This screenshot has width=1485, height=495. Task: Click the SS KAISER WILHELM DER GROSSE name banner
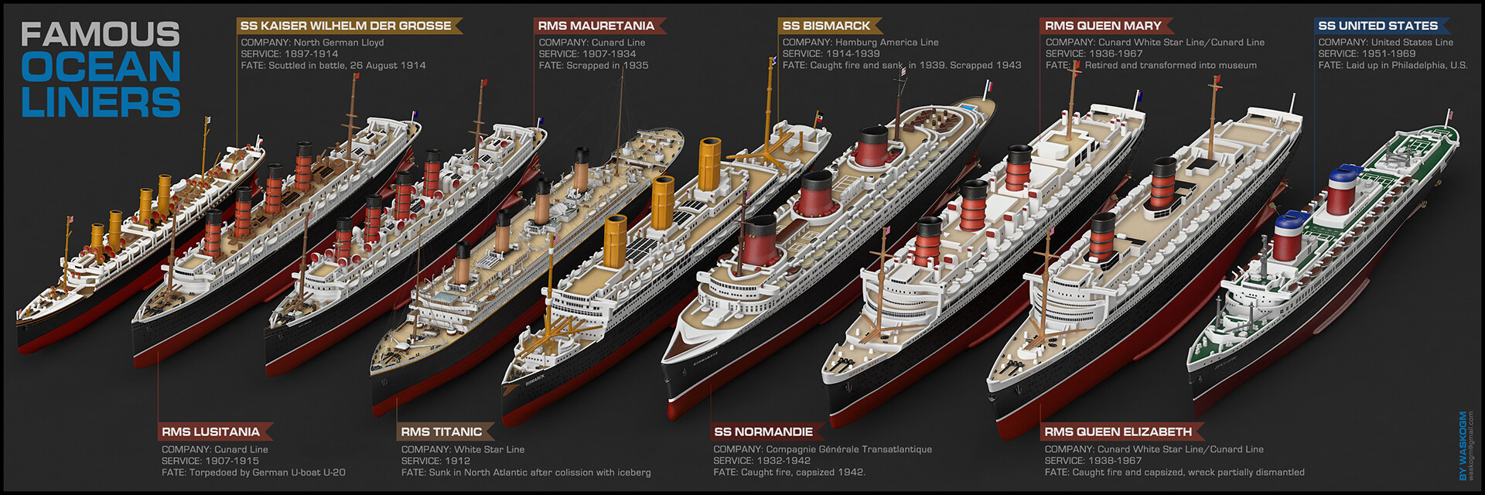346,26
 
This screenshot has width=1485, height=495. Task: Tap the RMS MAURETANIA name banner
596,26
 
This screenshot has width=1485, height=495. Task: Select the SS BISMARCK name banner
826,26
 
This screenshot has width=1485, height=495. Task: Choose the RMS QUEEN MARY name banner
1103,26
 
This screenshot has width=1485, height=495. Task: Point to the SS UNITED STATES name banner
1377,26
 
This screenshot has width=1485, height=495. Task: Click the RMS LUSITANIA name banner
210,432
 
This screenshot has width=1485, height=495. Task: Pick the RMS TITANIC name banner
441,432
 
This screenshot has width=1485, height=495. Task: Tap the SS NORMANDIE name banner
763,432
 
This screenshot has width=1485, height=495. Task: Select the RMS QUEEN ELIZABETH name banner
1118,432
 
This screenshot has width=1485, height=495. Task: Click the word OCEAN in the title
101,68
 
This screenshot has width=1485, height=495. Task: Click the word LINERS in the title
101,102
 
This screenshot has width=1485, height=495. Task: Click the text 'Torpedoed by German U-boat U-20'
268,473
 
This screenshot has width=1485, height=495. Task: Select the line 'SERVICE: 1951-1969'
1367,54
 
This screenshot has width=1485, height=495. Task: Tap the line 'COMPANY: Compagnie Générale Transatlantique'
822,449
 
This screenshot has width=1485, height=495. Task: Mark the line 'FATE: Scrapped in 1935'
593,66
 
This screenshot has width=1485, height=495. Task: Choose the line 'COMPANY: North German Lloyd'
312,43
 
